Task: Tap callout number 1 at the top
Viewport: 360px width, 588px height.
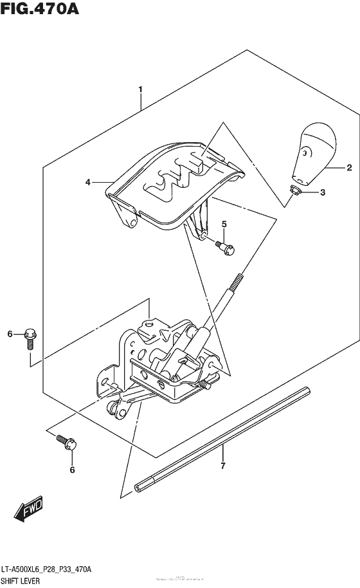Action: pyautogui.click(x=140, y=89)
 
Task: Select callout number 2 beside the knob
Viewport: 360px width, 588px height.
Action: pyautogui.click(x=348, y=169)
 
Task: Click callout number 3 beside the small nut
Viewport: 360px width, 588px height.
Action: pyautogui.click(x=323, y=192)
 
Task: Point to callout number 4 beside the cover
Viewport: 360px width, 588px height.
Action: pyautogui.click(x=87, y=183)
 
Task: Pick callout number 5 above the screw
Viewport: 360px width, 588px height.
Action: pyautogui.click(x=224, y=224)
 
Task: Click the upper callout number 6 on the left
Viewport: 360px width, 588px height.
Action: pyautogui.click(x=10, y=333)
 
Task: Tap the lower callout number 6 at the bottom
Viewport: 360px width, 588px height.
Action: pyautogui.click(x=72, y=470)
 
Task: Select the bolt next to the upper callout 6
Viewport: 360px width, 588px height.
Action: pyautogui.click(x=30, y=336)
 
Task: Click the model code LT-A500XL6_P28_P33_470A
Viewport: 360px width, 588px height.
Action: pyautogui.click(x=50, y=570)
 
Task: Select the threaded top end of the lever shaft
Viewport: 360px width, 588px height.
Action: pyautogui.click(x=237, y=281)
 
